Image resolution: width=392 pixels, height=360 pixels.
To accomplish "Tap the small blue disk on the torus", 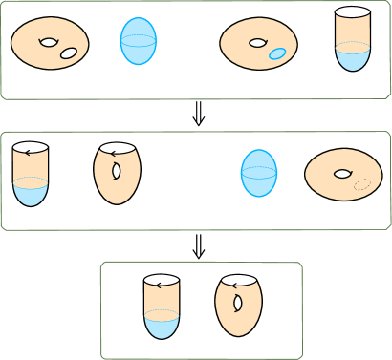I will click(x=277, y=53).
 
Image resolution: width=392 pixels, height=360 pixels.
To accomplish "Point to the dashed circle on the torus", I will click(x=362, y=184).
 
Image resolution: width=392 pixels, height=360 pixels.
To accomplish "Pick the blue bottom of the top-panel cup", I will click(x=353, y=58).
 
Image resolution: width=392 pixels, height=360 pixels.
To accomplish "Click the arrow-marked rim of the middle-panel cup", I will click(x=32, y=150).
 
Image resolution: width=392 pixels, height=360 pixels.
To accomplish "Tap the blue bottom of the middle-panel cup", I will click(x=32, y=194).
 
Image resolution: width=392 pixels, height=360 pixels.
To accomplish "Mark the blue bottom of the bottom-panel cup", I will click(x=162, y=326).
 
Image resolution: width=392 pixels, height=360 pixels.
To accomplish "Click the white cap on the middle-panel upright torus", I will click(x=117, y=139).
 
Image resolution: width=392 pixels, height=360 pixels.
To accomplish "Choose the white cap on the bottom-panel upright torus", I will click(x=238, y=273).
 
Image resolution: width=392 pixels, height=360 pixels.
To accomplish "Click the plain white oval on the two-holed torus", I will click(x=69, y=53).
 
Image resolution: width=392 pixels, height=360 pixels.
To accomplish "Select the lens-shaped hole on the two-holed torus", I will click(x=48, y=42).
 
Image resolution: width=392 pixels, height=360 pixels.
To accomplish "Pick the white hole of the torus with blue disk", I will click(x=257, y=42).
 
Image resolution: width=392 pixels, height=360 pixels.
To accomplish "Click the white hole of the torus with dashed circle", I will click(x=341, y=174).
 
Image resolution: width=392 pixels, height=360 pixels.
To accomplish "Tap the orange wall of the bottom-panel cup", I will click(x=162, y=298).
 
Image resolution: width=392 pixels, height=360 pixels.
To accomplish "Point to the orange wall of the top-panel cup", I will click(x=353, y=32).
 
